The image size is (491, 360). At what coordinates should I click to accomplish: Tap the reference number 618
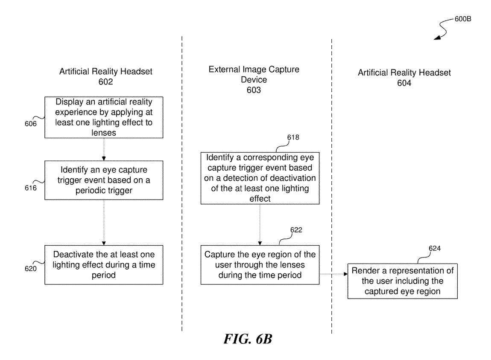pos(293,137)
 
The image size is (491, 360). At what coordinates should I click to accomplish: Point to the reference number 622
pos(296,230)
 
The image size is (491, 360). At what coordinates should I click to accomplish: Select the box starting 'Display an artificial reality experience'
pos(104,117)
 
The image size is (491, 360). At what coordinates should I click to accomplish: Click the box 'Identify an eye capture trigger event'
pos(104,180)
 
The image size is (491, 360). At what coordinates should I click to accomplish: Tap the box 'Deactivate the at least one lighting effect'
pos(104,265)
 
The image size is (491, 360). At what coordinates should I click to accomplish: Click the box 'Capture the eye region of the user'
pos(260,265)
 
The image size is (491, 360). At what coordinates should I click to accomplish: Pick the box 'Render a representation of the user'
pos(403,281)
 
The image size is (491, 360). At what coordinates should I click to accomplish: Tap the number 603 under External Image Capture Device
pos(254,90)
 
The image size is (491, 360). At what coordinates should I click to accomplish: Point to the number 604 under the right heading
pos(404,83)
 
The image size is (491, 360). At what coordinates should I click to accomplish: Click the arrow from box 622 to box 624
pos(333,275)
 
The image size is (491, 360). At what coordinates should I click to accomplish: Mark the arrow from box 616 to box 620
pos(104,222)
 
